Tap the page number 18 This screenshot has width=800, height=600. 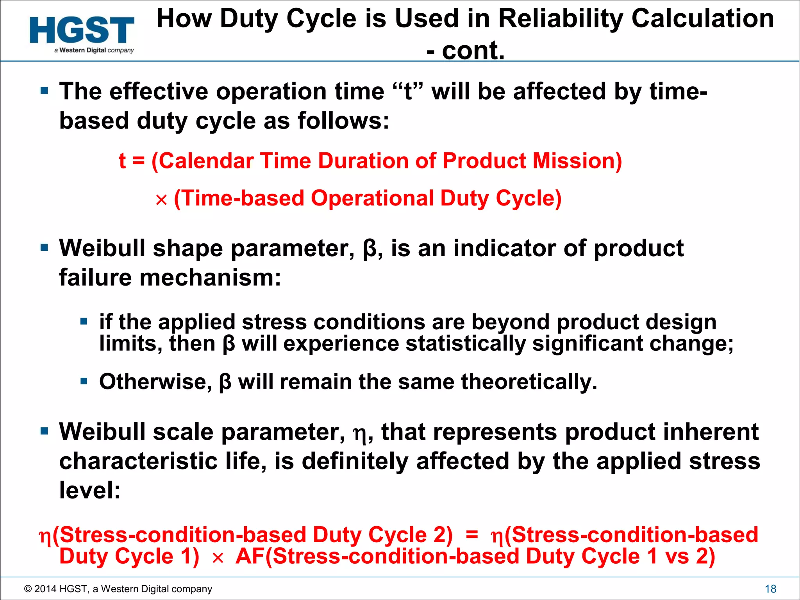(x=770, y=589)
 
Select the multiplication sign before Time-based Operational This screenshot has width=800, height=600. (x=161, y=200)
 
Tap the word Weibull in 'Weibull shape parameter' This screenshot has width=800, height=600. (x=102, y=248)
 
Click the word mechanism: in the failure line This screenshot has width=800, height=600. (x=210, y=278)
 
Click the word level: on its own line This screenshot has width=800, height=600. (x=90, y=490)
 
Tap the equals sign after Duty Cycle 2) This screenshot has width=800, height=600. (x=472, y=534)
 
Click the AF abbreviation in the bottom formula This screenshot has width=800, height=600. (x=250, y=556)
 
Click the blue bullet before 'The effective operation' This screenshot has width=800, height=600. (x=44, y=91)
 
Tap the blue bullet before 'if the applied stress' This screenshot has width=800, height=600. (x=84, y=322)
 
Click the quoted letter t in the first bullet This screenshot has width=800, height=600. (x=408, y=91)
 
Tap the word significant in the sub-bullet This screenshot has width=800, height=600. (x=587, y=344)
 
